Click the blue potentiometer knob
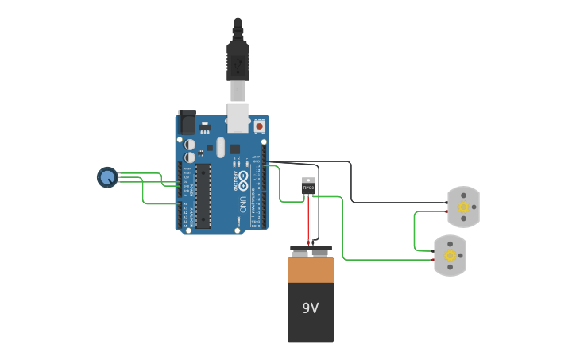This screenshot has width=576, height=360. coord(107,177)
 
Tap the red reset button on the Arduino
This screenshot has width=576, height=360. coord(259,126)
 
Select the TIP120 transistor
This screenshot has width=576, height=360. coord(308,186)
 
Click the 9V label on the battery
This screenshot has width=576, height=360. coord(311,308)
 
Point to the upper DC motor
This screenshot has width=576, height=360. coord(463,207)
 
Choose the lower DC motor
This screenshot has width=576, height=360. coord(450,255)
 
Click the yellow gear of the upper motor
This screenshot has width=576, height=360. coord(463,207)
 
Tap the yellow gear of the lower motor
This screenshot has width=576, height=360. coord(450,255)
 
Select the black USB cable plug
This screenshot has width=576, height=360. coord(238,60)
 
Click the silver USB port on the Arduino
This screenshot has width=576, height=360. coord(238,117)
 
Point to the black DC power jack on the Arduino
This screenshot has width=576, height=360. coord(187,122)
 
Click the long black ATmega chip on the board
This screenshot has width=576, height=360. coord(203,195)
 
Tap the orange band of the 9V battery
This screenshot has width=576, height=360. coord(311,270)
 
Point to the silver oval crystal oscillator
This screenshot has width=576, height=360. coord(220,146)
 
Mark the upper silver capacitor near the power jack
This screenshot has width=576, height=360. coord(190,145)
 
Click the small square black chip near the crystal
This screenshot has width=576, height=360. coord(235,149)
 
